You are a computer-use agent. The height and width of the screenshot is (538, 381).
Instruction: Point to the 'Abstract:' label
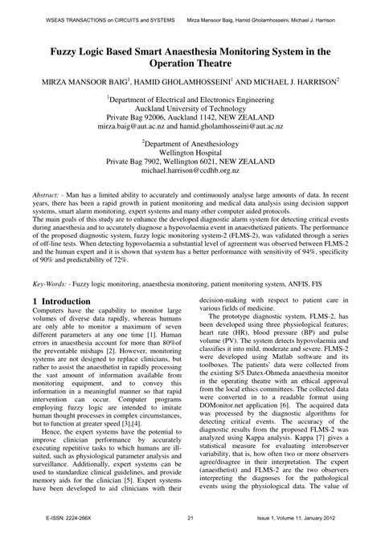point(51,195)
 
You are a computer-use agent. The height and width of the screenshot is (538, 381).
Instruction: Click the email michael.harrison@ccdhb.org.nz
point(190,171)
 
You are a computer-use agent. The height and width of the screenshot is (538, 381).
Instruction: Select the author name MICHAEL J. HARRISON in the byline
point(285,81)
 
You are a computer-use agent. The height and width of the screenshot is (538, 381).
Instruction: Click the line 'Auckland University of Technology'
point(190,105)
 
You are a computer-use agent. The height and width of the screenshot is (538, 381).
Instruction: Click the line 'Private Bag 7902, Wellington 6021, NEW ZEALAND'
point(190,161)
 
